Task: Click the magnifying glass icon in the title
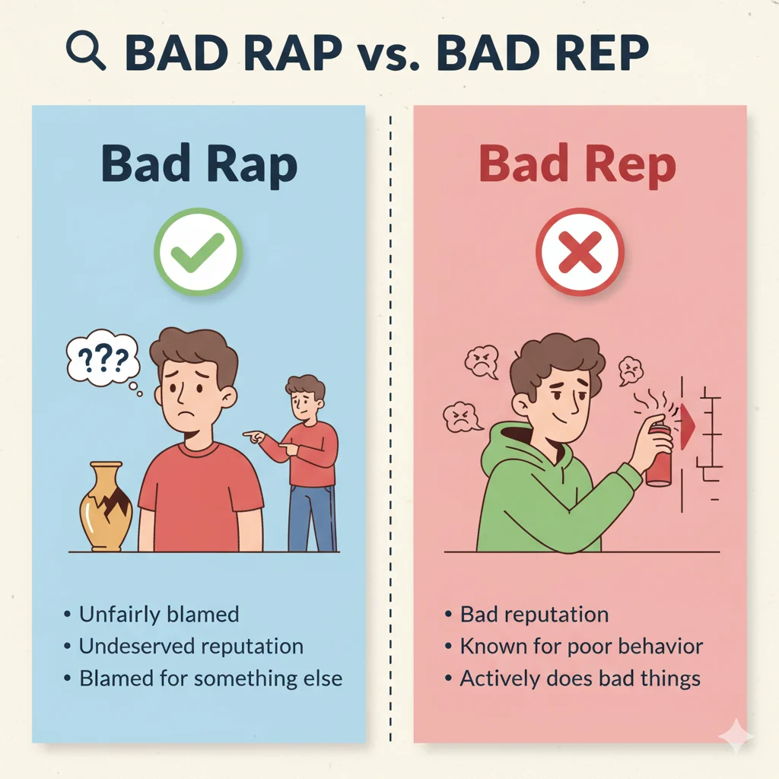85,52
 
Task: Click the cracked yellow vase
107,506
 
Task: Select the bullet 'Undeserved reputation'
191,647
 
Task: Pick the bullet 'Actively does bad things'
580,679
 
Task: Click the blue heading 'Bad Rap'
199,166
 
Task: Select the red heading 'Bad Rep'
578,166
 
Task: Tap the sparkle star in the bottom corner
736,736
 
